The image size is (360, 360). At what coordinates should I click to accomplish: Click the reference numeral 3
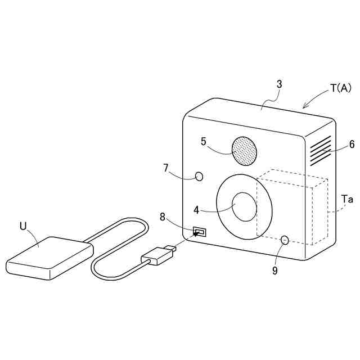click(x=279, y=84)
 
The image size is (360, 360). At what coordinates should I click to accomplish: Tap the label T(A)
click(x=340, y=88)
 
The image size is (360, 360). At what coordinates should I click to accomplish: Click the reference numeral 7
click(x=166, y=168)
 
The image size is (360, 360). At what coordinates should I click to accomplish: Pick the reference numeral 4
click(x=196, y=210)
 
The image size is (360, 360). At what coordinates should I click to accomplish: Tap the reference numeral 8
click(x=163, y=216)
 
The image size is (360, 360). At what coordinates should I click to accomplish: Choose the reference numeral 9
click(x=275, y=271)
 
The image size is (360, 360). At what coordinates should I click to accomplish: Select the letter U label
click(x=23, y=226)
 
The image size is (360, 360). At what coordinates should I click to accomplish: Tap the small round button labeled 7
click(x=199, y=177)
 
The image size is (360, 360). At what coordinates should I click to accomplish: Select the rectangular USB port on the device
click(x=200, y=231)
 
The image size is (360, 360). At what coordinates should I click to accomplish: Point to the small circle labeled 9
click(x=285, y=240)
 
